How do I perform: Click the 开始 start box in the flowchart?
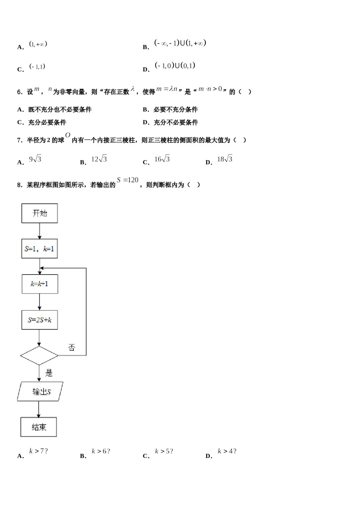point(40,213)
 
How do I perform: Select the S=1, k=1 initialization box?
point(39,249)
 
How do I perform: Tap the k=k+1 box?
point(40,284)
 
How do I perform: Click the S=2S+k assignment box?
point(40,320)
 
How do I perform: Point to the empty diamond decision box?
point(39,356)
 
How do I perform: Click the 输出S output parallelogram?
point(40,392)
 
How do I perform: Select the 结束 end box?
point(39,427)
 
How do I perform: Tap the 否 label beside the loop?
point(72,347)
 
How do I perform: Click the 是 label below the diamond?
point(49,373)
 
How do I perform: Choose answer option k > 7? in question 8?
point(38,451)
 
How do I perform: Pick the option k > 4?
point(227,451)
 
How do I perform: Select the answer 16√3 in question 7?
point(162,159)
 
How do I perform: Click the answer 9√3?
point(35,159)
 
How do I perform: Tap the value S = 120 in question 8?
point(128,180)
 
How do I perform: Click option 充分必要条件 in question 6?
point(47,122)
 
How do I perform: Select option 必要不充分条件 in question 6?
point(175,109)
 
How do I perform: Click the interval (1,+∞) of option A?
point(38,44)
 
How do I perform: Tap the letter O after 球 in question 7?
point(67,135)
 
